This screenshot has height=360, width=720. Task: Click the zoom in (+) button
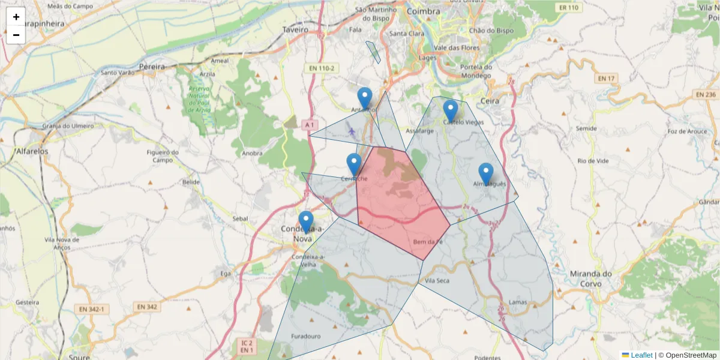point(16,17)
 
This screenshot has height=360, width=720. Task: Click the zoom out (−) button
point(16,35)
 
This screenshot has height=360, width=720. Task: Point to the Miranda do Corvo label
point(590,278)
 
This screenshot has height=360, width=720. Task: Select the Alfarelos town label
point(32,151)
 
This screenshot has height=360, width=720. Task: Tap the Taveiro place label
point(295,29)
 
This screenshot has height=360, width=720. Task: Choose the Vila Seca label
point(437,280)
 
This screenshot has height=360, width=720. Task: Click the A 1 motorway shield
point(309,125)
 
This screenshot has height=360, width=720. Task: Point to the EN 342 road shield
point(147,307)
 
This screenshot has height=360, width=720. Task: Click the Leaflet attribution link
point(641,355)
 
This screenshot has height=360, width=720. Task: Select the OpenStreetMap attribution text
point(691,355)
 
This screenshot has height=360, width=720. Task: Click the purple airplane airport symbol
point(352,131)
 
